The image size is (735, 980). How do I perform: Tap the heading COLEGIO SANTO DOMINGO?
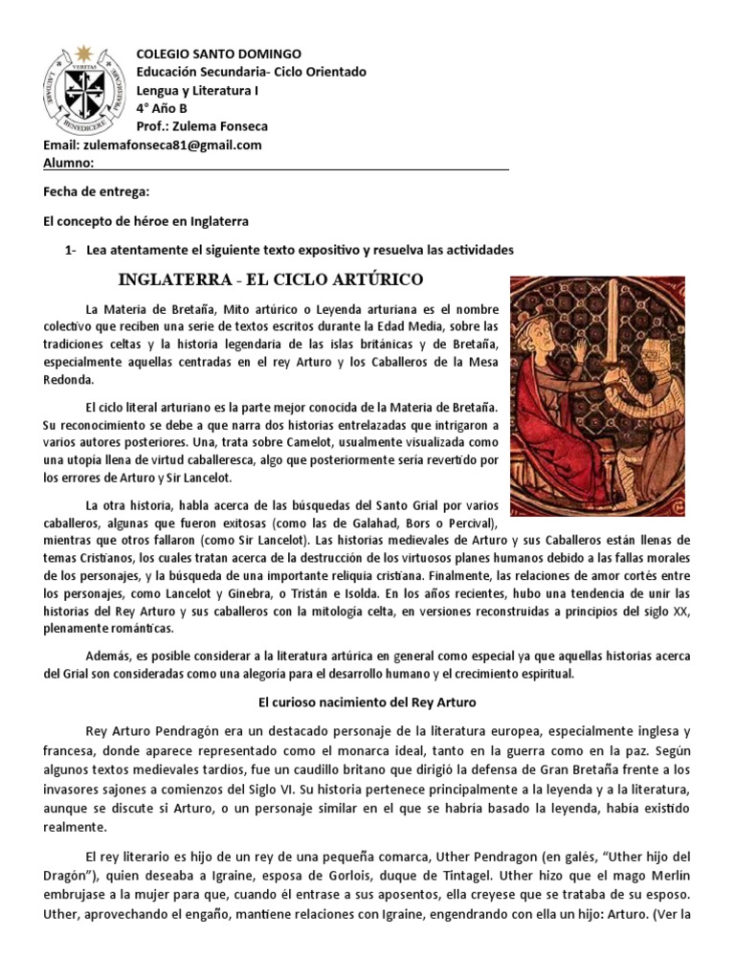coord(219,54)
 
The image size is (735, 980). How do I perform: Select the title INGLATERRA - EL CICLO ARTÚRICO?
coord(269,279)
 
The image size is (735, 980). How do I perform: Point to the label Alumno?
coord(68,164)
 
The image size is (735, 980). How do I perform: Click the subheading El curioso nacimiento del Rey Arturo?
coord(367,702)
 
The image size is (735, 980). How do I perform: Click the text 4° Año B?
coord(163,108)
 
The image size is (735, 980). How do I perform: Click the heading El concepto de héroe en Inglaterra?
coord(145,221)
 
